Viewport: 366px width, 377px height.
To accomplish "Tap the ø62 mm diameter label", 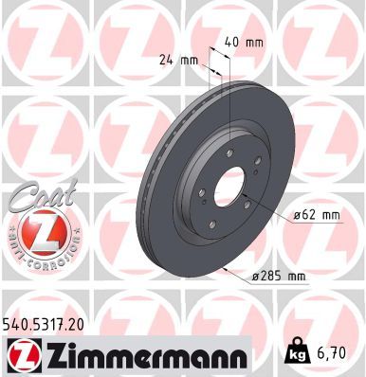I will click(316, 215).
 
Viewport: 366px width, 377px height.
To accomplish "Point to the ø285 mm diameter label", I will click(282, 276).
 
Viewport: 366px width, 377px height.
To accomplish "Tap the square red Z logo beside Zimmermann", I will click(21, 355).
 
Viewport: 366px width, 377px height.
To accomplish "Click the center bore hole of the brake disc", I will click(227, 188).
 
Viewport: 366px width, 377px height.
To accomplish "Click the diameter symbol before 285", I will click(257, 276).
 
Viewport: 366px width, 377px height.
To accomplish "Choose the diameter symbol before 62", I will click(297, 215).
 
